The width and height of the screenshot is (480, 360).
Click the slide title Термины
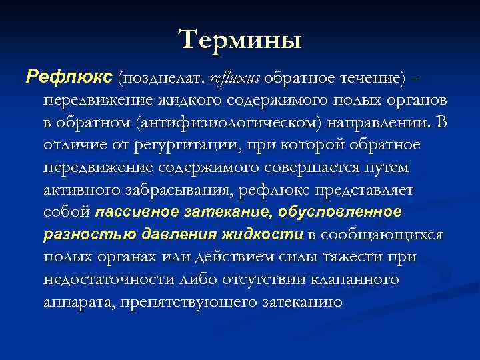(240, 39)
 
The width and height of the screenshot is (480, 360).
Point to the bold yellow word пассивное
(136, 213)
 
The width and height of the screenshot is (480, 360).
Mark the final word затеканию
(297, 302)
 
